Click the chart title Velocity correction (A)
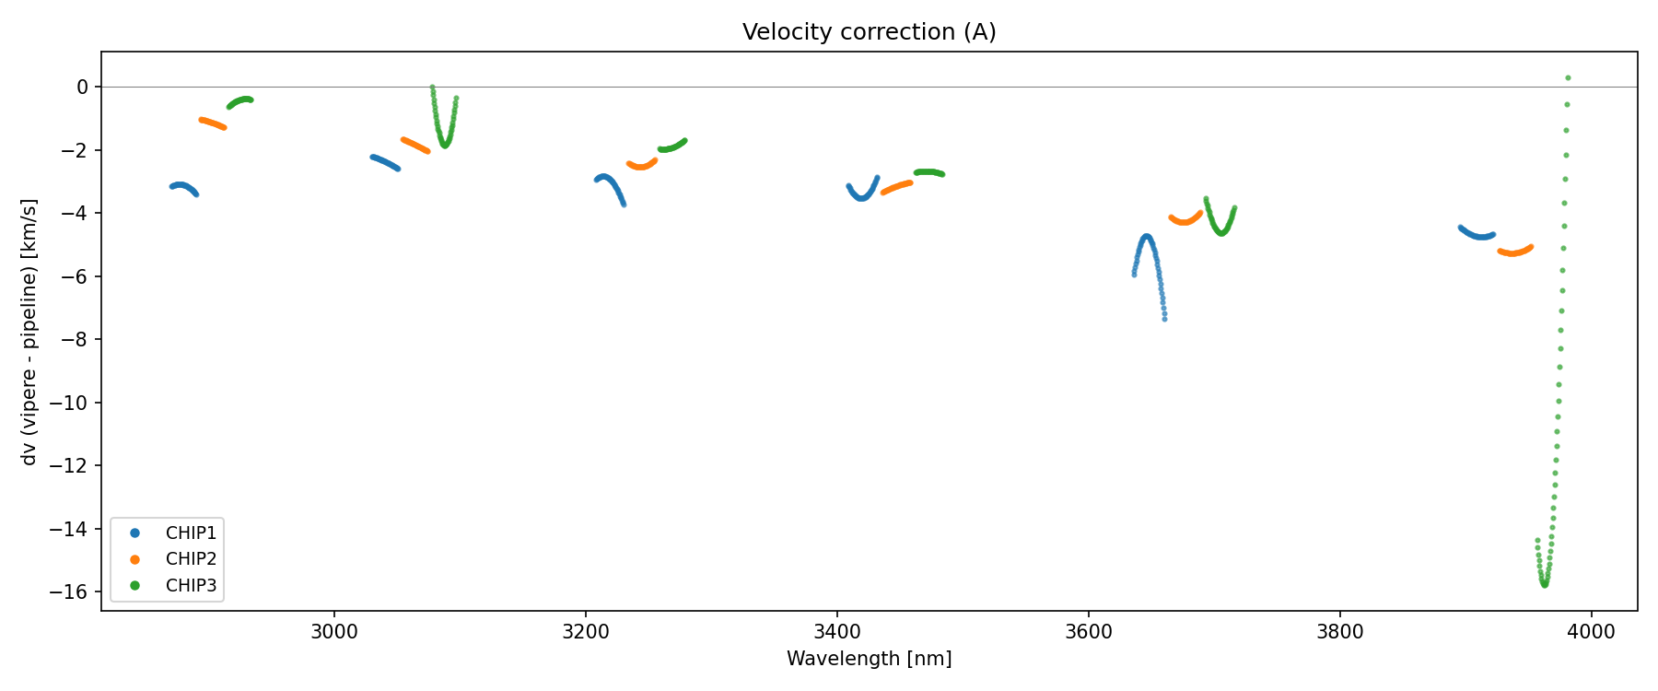coord(869,32)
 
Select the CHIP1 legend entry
coord(191,533)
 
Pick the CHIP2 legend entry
coord(191,558)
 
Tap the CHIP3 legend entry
coord(191,585)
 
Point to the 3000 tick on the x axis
coord(333,632)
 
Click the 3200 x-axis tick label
coord(585,632)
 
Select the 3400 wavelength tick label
coord(836,632)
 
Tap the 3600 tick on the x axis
coord(1088,632)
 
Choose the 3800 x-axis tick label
coord(1339,632)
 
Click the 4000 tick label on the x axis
coord(1591,632)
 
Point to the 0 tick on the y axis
coord(83,87)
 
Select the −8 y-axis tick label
coord(76,340)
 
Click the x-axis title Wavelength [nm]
coord(869,659)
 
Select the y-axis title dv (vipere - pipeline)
coord(29,332)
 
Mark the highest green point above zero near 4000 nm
coord(1568,78)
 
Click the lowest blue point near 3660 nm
coord(1164,319)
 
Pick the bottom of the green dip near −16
coord(1544,584)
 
